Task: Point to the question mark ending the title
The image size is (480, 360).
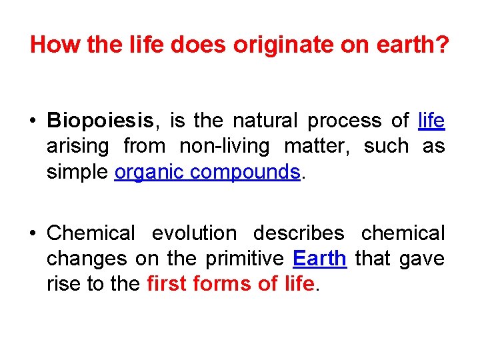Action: pos(443,45)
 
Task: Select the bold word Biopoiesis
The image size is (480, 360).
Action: pos(100,121)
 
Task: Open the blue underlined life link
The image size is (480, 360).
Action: pos(431,121)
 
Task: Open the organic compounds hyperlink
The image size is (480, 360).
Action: pos(207,171)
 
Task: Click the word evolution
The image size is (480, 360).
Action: pos(194,233)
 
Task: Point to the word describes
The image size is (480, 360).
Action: pos(299,233)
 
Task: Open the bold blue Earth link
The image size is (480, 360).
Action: pos(319,258)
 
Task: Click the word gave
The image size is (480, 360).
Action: pos(422,258)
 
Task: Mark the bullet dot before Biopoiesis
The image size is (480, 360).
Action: pos(32,121)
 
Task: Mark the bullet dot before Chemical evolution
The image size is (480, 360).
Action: pos(32,233)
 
